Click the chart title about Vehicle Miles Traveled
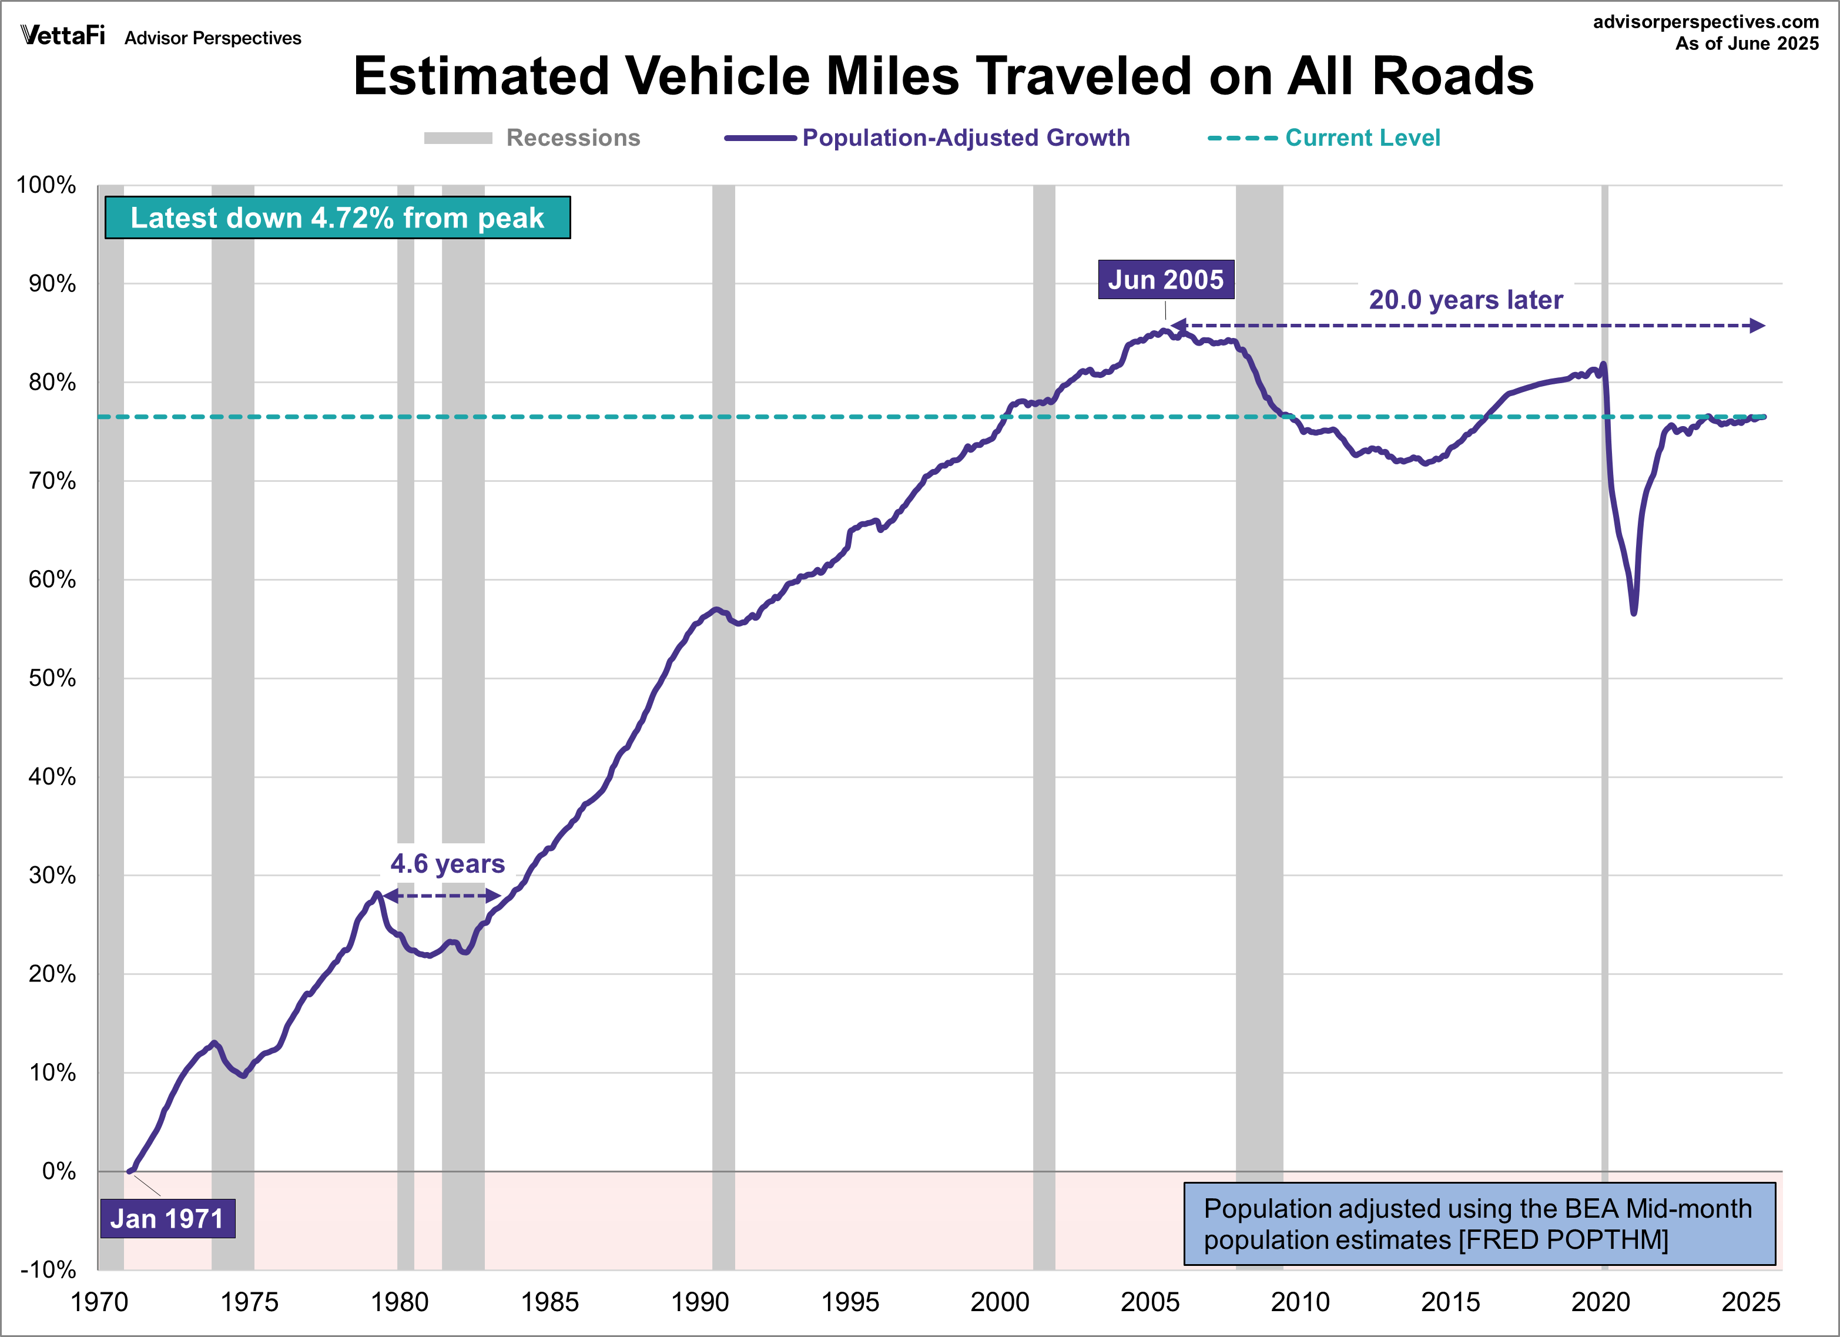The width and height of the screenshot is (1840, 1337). pyautogui.click(x=943, y=76)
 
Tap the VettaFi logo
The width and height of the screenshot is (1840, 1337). pyautogui.click(x=62, y=36)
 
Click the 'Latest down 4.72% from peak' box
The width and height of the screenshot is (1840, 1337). pyautogui.click(x=337, y=217)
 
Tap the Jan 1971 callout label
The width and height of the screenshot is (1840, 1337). pyautogui.click(x=167, y=1218)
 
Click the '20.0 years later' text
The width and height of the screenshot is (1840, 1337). pyautogui.click(x=1465, y=300)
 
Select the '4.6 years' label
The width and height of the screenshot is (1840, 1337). pyautogui.click(x=447, y=864)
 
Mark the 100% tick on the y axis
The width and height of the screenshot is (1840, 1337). pyautogui.click(x=46, y=185)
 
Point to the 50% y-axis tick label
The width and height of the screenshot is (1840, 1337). pyautogui.click(x=52, y=678)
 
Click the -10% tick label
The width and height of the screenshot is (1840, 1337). pyautogui.click(x=48, y=1269)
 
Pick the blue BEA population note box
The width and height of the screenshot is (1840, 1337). pyautogui.click(x=1479, y=1224)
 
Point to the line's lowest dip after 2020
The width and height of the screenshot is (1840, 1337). pyautogui.click(x=1633, y=612)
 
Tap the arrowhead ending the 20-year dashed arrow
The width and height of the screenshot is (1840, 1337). pyautogui.click(x=1757, y=326)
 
